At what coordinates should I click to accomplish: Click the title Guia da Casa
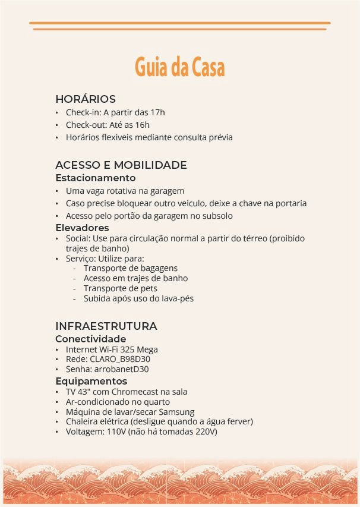click(x=179, y=67)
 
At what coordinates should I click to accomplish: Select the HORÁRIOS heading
click(x=85, y=99)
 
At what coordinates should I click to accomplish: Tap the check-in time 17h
click(x=158, y=112)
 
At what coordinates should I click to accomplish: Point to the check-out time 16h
click(x=142, y=125)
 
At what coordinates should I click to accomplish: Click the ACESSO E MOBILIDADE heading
click(x=121, y=165)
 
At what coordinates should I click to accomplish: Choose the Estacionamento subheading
click(x=95, y=178)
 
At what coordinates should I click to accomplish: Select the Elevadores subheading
click(x=82, y=228)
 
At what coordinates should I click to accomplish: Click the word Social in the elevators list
click(x=77, y=238)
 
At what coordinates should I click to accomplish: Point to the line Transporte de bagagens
click(x=130, y=268)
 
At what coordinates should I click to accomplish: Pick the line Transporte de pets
click(x=120, y=288)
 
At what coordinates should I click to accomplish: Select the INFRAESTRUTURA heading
click(x=106, y=326)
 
